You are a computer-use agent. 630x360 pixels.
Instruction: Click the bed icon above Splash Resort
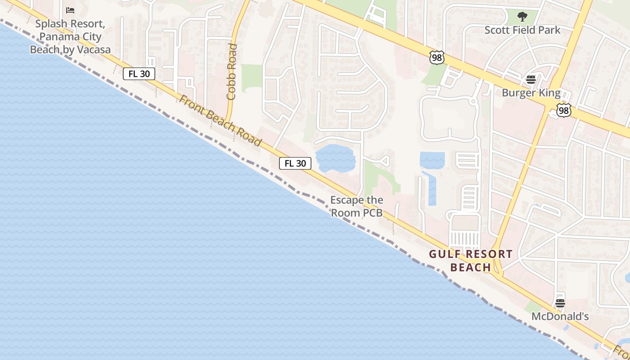click(x=70, y=10)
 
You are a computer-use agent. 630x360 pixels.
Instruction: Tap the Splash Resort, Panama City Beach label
click(x=70, y=36)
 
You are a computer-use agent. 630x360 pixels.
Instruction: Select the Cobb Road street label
click(x=232, y=72)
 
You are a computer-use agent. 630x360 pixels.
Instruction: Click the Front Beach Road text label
click(x=220, y=120)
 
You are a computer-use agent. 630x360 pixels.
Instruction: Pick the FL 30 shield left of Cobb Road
click(x=139, y=74)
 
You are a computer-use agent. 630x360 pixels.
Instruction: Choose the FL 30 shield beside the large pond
click(x=295, y=163)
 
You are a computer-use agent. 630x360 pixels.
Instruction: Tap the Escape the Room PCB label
click(x=357, y=206)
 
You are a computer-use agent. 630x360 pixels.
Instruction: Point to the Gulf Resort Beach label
click(x=471, y=261)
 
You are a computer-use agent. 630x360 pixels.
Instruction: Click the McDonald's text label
click(x=560, y=316)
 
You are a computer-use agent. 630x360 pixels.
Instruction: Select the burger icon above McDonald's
click(x=560, y=303)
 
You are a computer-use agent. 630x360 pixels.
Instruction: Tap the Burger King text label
click(x=531, y=93)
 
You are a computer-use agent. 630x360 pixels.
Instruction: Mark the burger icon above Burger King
click(x=531, y=80)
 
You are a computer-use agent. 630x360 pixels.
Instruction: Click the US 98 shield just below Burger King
click(x=563, y=110)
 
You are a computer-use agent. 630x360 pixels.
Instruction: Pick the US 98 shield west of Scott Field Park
click(x=436, y=57)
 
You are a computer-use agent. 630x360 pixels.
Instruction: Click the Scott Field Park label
click(x=522, y=30)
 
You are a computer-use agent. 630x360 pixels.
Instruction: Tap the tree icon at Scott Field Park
click(x=522, y=17)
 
